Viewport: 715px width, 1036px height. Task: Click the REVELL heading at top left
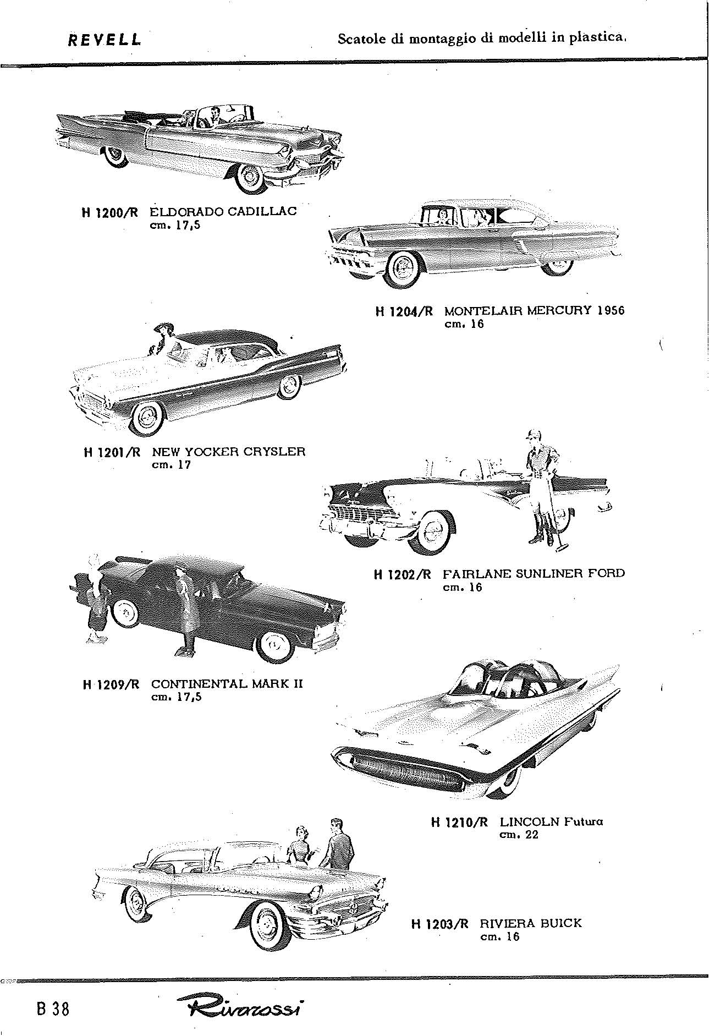104,40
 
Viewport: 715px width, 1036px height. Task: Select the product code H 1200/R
109,212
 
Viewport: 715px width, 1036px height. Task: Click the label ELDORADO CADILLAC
223,211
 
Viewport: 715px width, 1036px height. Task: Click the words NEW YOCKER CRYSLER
228,452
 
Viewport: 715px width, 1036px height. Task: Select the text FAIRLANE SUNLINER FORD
533,574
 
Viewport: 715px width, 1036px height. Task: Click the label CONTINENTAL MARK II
227,684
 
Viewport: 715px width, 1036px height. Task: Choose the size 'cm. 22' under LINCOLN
518,835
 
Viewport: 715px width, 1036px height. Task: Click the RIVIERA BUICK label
531,923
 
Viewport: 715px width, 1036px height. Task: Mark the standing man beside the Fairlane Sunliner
541,487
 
